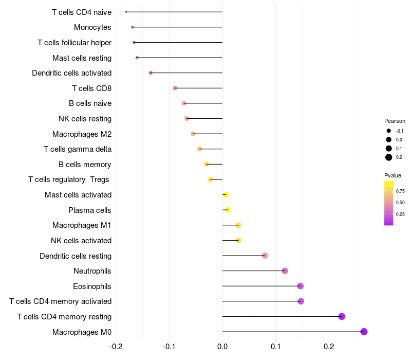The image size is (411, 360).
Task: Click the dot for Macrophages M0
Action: pos(364,332)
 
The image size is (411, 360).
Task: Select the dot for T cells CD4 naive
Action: pos(126,12)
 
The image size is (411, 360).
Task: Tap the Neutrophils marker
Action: pos(285,271)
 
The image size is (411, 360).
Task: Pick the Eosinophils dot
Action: pos(301,286)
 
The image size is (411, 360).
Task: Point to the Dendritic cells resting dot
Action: pos(265,256)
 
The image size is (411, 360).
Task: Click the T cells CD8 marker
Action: pos(175,88)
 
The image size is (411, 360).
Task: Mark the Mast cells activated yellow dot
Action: pos(226,195)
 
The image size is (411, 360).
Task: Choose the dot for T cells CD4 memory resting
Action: pos(342,316)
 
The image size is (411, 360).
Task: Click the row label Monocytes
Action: pos(92,27)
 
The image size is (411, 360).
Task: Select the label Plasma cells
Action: pos(90,210)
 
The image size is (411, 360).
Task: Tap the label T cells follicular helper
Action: pos(74,42)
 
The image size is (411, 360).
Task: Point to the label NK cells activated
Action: pos(81,241)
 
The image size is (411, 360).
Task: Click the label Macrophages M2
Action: pos(82,134)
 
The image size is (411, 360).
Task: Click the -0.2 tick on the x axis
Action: pos(116,346)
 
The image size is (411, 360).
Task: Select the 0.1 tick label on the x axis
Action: pos(275,346)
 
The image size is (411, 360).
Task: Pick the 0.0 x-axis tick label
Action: pos(222,346)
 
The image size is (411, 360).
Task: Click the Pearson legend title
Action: pos(395,121)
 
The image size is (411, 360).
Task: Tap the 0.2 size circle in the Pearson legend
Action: pos(389,157)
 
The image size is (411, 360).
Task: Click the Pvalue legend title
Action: pos(393,175)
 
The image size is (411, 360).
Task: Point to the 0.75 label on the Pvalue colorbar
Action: pos(400,191)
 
